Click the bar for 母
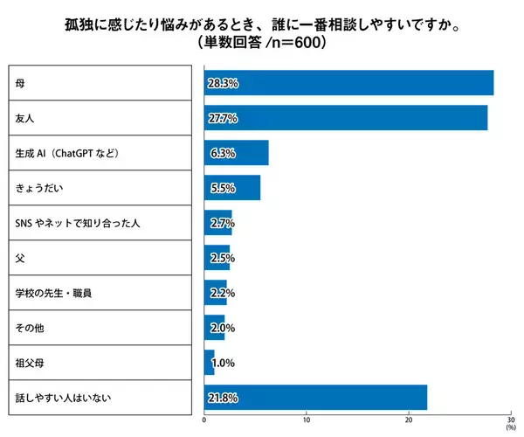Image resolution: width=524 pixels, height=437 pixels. pyautogui.click(x=349, y=83)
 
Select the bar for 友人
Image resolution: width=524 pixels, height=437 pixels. pyautogui.click(x=346, y=118)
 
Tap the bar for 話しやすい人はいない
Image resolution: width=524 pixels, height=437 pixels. pyautogui.click(x=316, y=398)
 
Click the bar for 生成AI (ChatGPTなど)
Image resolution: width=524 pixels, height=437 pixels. pyautogui.click(x=237, y=153)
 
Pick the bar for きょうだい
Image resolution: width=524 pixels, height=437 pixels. pyautogui.click(x=232, y=188)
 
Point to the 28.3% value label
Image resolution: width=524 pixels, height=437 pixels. pyautogui.click(x=224, y=83)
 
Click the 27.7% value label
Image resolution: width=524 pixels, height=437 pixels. pyautogui.click(x=224, y=118)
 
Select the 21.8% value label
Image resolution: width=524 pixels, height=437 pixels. pyautogui.click(x=224, y=398)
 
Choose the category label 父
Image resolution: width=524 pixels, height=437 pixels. pyautogui.click(x=20, y=258)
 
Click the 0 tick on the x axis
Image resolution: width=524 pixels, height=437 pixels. pyautogui.click(x=204, y=419)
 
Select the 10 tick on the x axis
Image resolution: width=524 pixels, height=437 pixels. pyautogui.click(x=307, y=419)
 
